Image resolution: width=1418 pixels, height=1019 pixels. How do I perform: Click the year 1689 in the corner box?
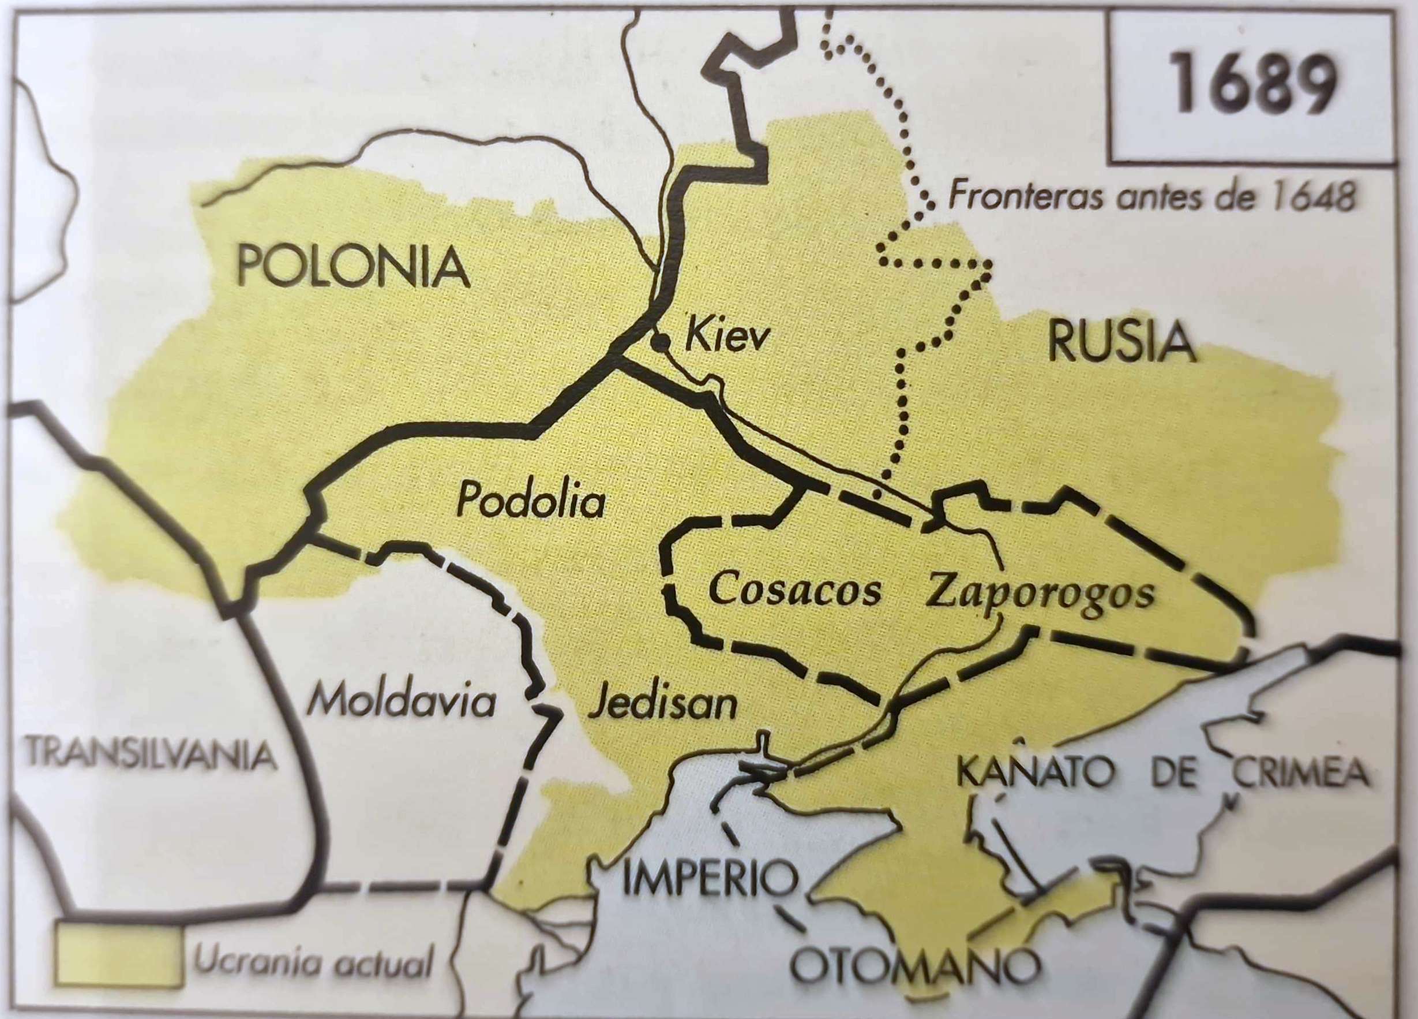pos(1254,83)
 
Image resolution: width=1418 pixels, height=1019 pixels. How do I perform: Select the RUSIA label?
pos(1121,343)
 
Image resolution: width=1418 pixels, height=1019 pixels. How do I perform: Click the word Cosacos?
pos(796,590)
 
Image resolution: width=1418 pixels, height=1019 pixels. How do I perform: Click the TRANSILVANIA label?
pos(150,755)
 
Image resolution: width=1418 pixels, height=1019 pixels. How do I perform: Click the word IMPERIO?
pos(710,879)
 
